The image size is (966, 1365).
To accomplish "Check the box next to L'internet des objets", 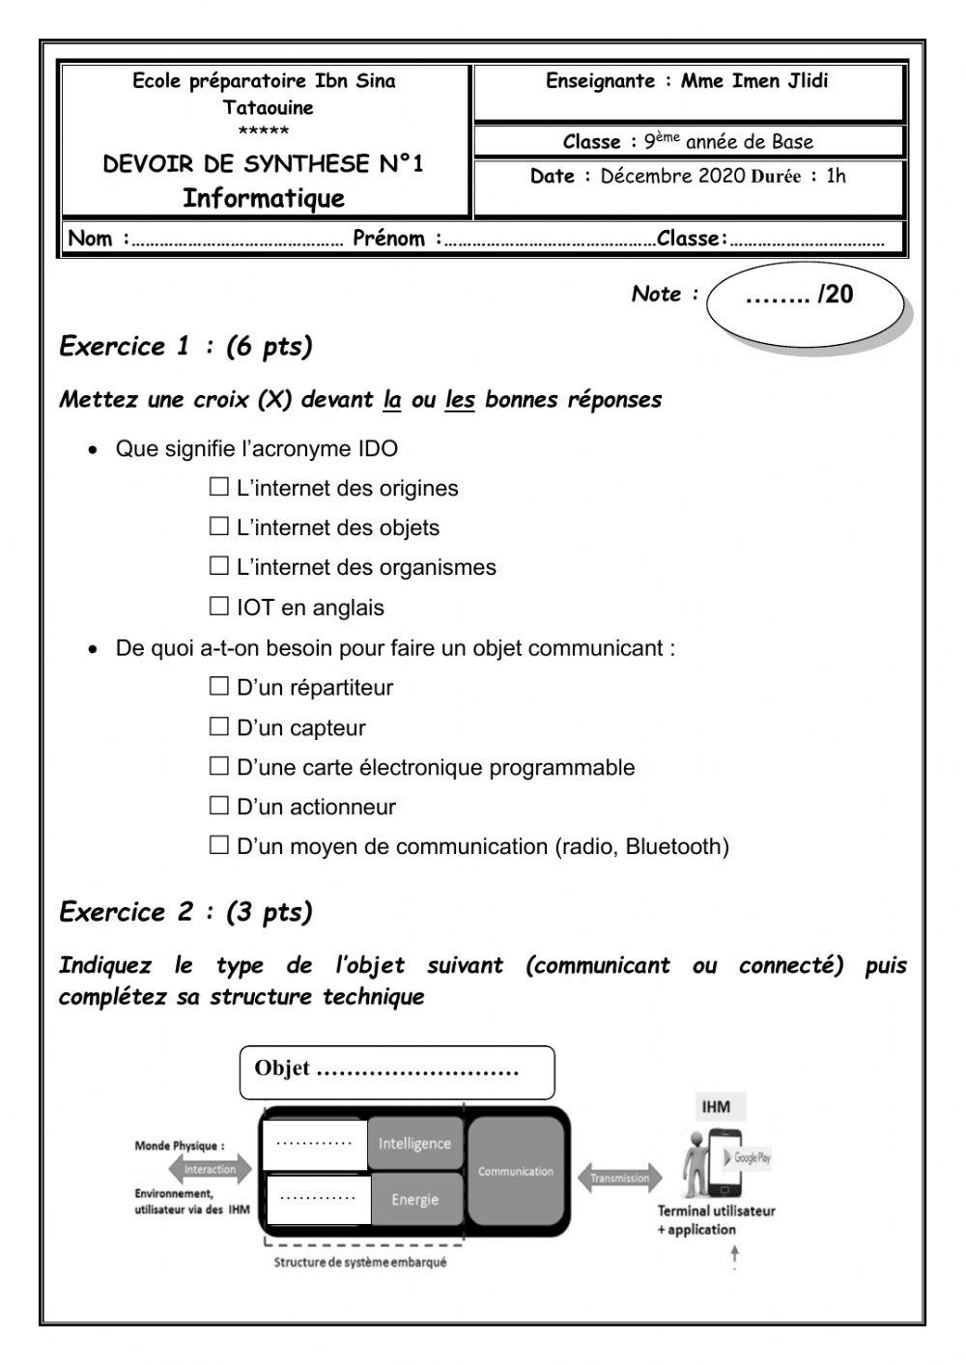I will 219,526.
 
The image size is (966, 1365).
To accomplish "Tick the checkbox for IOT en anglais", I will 219,607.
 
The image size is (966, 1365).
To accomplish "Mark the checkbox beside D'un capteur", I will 219,726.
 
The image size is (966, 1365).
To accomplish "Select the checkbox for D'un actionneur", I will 219,806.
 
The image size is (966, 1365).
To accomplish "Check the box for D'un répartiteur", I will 219,687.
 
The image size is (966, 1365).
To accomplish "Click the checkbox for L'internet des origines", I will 219,487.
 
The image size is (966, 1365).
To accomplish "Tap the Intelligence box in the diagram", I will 414,1144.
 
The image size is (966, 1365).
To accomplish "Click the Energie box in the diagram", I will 414,1200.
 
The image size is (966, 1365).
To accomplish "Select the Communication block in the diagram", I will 516,1171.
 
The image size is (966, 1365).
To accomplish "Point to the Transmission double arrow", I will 620,1178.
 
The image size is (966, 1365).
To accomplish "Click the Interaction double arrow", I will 210,1169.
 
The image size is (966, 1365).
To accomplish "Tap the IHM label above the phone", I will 716,1107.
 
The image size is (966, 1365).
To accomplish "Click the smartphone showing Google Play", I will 739,1160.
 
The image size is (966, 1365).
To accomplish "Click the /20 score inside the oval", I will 801,296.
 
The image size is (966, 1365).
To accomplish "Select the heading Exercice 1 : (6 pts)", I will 185,347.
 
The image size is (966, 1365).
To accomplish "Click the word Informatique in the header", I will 264,199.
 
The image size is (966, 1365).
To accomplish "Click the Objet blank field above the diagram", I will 397,1071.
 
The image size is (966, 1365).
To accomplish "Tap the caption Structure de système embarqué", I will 360,1262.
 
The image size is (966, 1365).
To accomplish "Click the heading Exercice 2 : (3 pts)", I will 185,912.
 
